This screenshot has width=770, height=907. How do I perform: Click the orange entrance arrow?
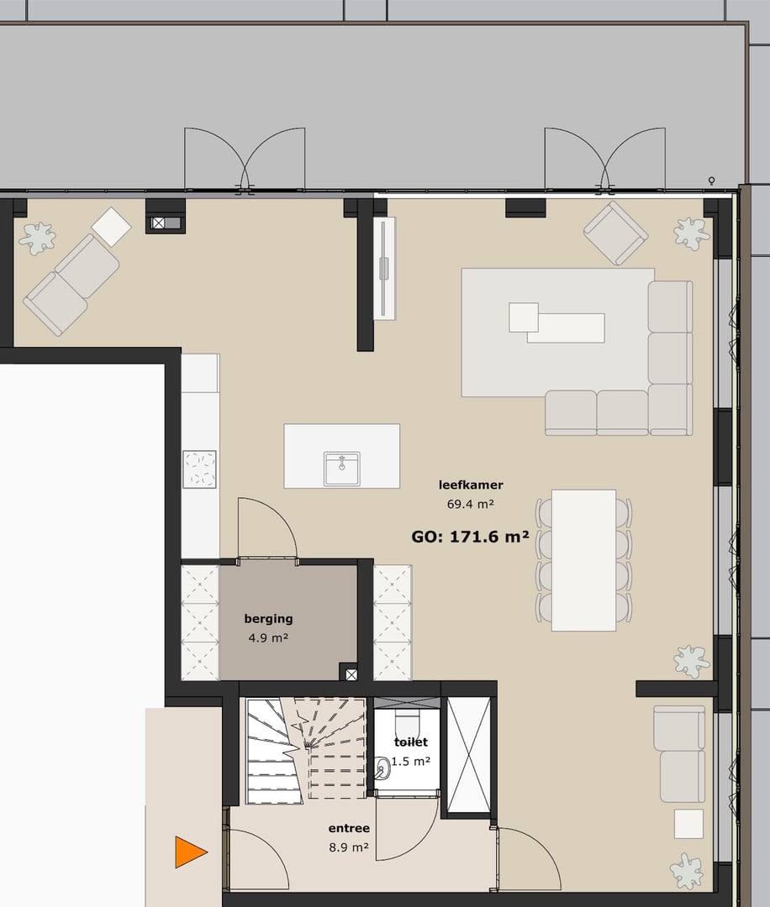click(189, 852)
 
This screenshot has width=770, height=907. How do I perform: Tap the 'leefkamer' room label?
click(471, 485)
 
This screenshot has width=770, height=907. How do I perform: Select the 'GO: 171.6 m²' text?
click(470, 536)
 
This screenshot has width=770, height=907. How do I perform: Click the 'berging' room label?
click(268, 619)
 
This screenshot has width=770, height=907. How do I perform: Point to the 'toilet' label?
click(411, 742)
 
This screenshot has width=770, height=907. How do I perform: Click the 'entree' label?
click(349, 829)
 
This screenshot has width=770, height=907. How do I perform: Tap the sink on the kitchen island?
click(342, 468)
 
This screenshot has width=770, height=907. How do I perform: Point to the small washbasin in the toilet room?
click(383, 767)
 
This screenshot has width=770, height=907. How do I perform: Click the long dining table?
click(583, 560)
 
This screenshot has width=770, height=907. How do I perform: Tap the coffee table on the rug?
click(565, 327)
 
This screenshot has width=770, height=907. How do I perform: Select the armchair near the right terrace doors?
click(615, 232)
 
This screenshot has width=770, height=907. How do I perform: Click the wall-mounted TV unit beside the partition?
click(384, 269)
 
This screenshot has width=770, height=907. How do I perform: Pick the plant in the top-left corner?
click(37, 238)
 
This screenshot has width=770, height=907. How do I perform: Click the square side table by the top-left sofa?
click(111, 225)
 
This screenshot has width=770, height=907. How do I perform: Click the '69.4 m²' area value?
click(470, 505)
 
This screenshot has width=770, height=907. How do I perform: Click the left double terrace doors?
click(244, 160)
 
